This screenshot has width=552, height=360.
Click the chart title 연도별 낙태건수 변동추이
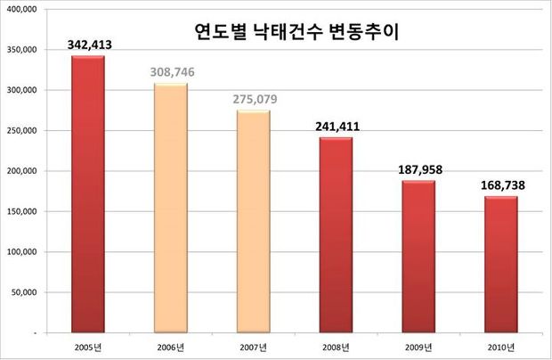[297, 35]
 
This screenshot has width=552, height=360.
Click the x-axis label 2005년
[87, 346]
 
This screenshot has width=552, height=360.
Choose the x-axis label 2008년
[335, 346]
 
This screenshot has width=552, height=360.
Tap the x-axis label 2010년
[499, 346]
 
